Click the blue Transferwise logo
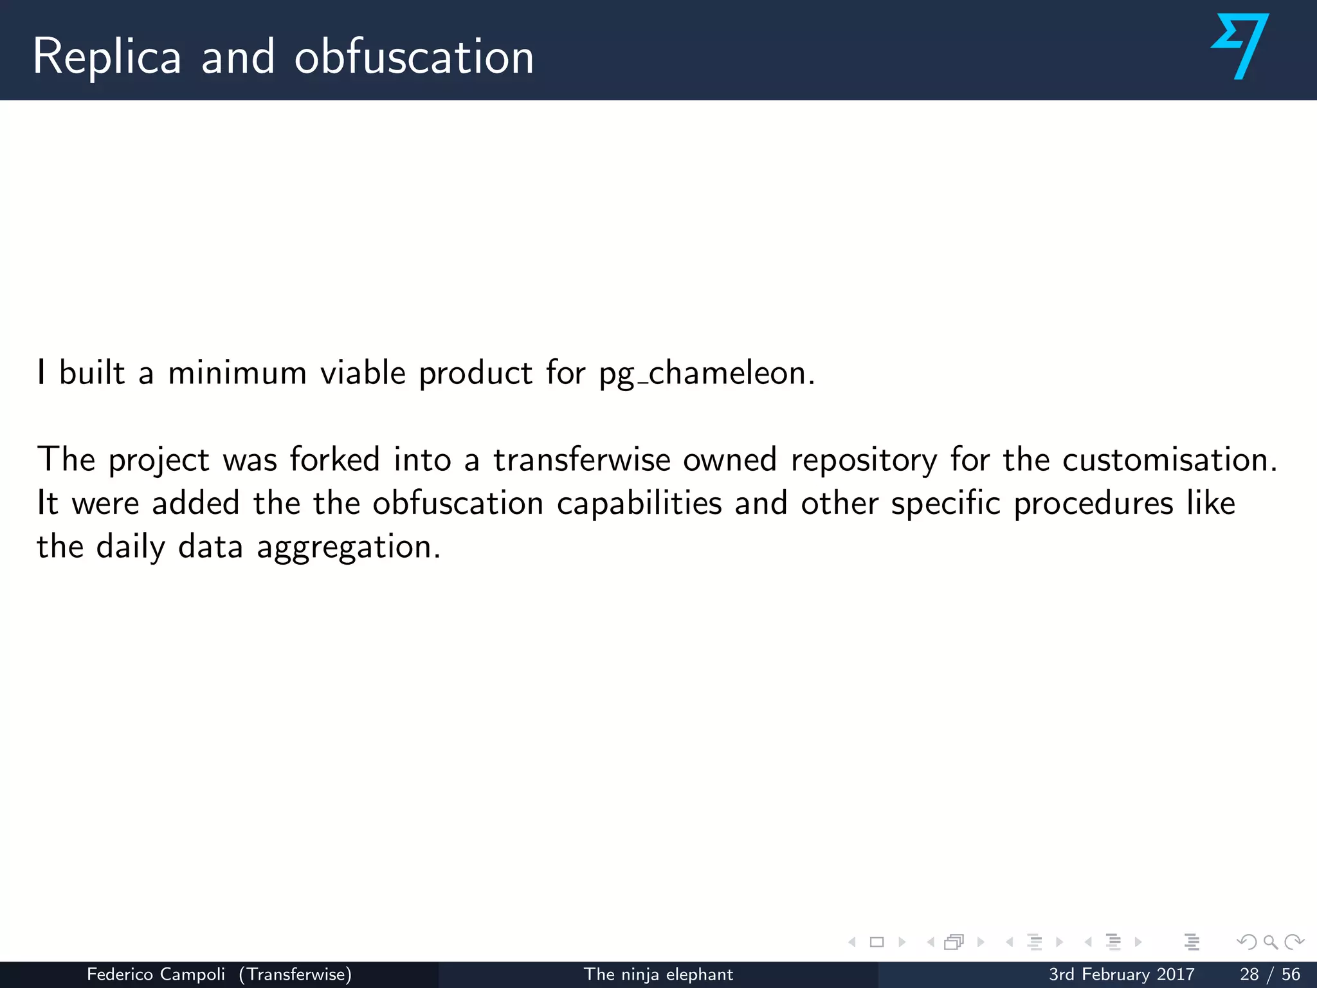point(1239,46)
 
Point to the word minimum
point(237,373)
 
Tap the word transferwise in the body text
point(582,460)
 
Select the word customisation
point(1169,460)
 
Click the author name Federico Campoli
point(156,974)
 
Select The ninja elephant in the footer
point(658,974)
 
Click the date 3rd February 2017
point(1122,974)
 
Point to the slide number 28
point(1249,974)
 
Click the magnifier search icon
point(1270,942)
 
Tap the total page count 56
point(1291,974)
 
